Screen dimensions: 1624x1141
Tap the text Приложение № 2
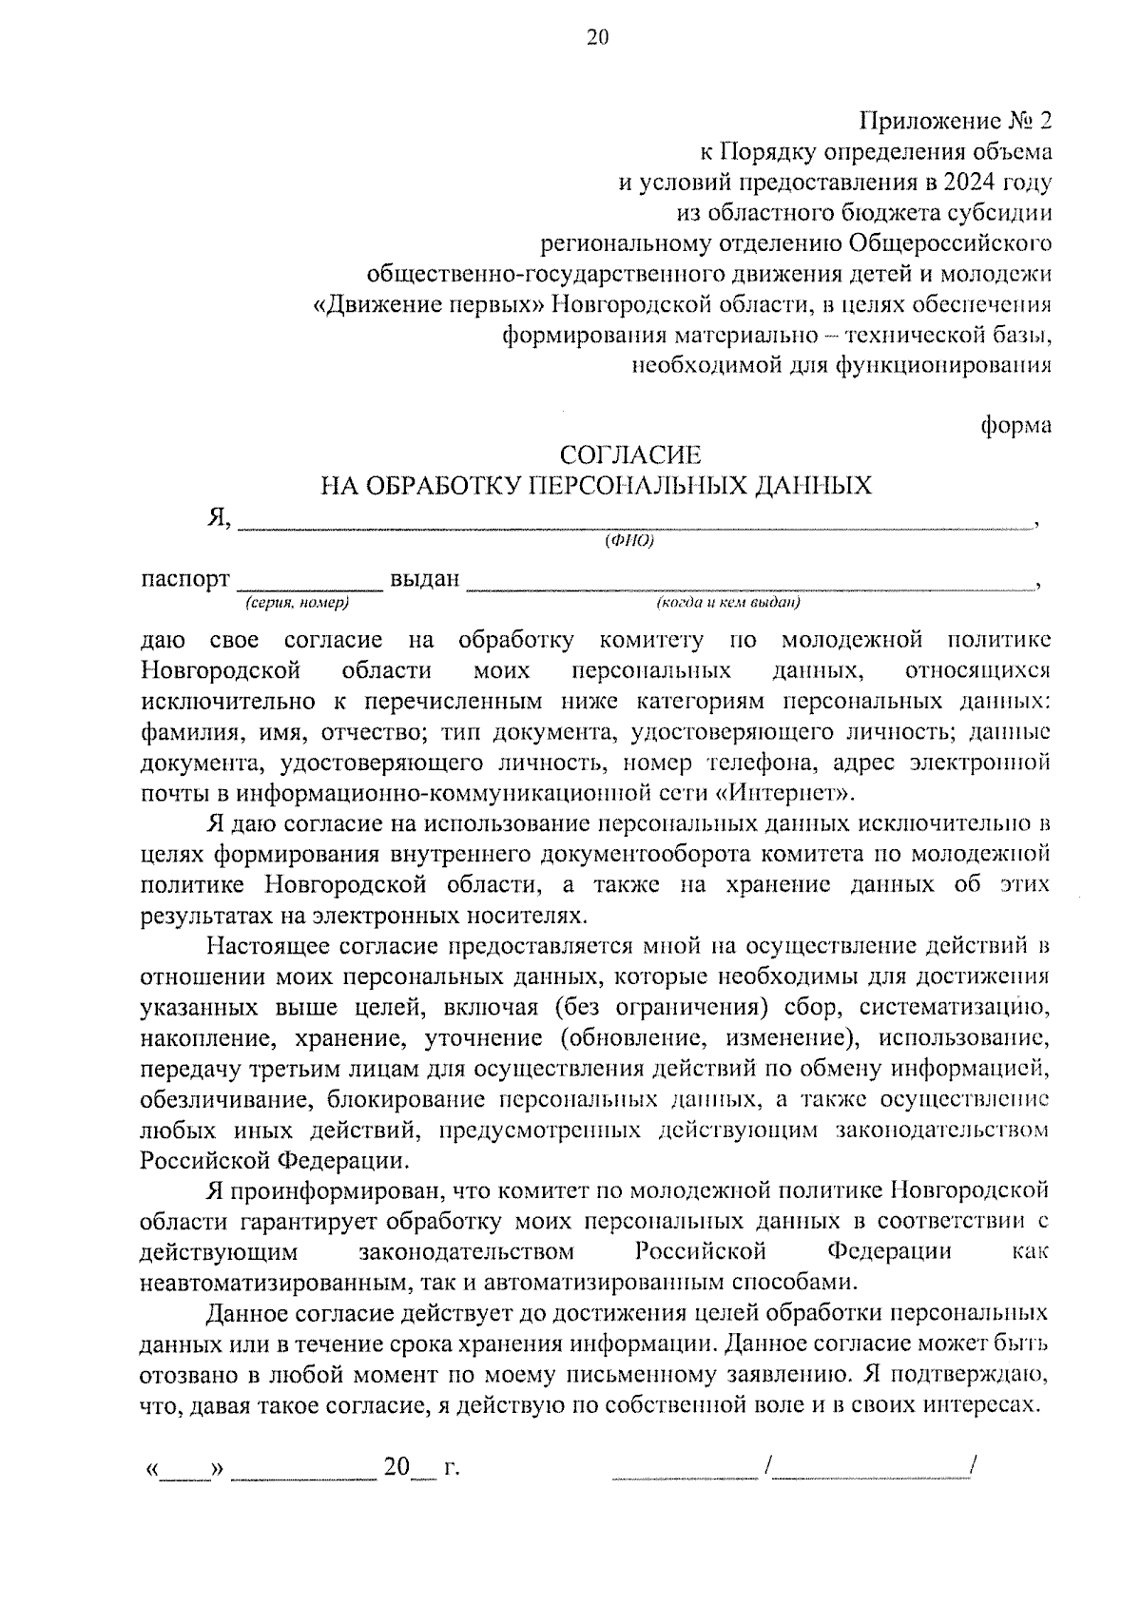click(x=957, y=121)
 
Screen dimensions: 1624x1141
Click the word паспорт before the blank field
click(x=185, y=579)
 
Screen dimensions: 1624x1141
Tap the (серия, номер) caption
click(x=297, y=603)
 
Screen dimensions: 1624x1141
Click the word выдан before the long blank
click(x=425, y=579)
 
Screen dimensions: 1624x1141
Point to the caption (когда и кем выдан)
click(x=727, y=603)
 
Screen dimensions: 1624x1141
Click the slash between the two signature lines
click(x=766, y=1468)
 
